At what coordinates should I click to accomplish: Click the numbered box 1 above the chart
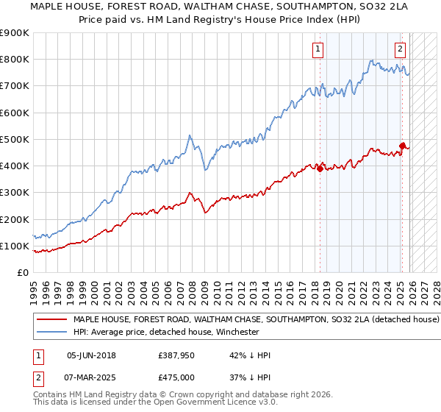coord(318,49)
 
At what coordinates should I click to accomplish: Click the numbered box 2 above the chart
coord(400,49)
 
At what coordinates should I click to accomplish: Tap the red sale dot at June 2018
coord(320,168)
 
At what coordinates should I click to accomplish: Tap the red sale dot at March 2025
coord(402,146)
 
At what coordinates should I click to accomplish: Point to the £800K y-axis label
coord(15,60)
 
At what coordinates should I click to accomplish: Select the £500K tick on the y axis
coord(15,140)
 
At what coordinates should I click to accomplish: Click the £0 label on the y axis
coord(22,273)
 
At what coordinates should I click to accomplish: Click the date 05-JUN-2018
coord(91,355)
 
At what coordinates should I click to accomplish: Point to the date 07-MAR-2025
coord(91,377)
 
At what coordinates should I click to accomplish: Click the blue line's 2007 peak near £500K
coord(190,136)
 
